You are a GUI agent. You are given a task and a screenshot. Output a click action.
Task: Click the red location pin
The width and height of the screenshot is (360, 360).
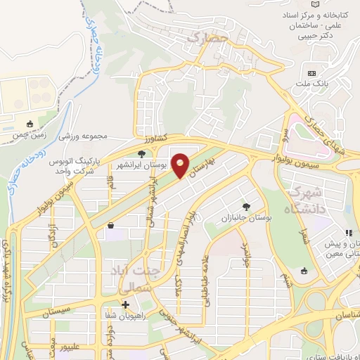[x=181, y=165]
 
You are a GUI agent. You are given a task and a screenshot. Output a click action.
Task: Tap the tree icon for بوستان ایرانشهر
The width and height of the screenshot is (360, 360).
[x=142, y=153]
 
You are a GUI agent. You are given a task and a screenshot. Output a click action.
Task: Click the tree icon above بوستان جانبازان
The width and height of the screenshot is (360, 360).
[x=245, y=206]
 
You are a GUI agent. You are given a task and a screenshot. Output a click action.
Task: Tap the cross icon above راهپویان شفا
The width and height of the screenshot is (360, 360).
[x=125, y=304]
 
